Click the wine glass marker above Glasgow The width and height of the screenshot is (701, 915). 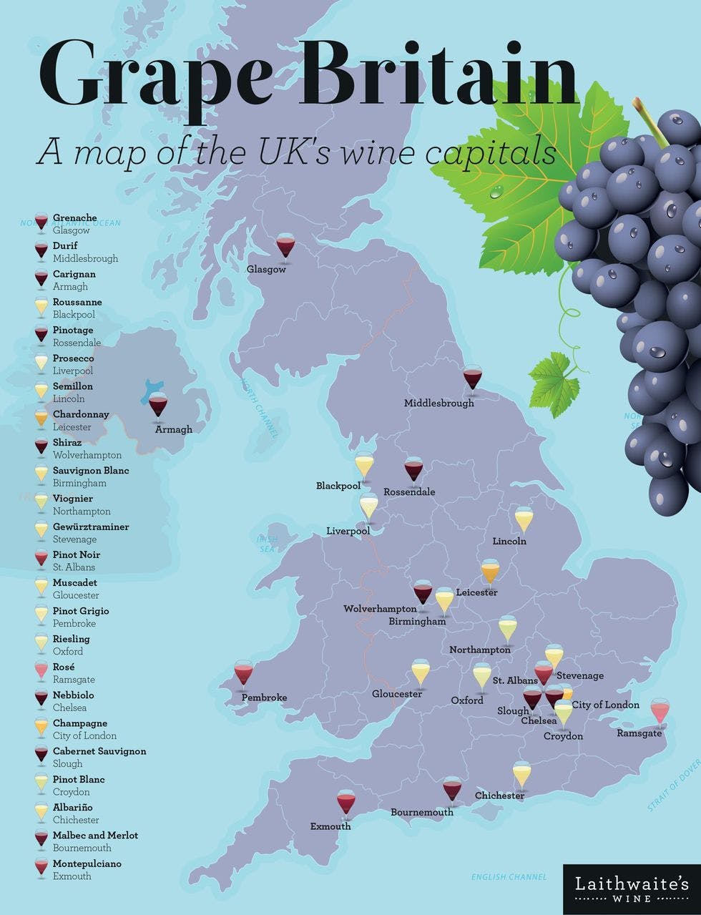[x=285, y=246]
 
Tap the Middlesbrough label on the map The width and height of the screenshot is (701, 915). [x=438, y=403]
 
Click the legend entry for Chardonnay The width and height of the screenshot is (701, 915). [x=81, y=414]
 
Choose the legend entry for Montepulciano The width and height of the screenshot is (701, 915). [x=87, y=863]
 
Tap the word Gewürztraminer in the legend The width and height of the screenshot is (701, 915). [x=91, y=527]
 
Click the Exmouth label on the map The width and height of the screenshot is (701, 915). [x=330, y=826]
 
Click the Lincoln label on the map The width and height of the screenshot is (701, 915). [x=509, y=542]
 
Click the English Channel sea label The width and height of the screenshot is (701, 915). [x=509, y=877]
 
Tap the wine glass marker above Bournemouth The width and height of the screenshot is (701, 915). [x=452, y=789]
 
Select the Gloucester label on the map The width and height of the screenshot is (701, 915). [x=397, y=694]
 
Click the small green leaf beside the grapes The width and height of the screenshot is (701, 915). [x=554, y=377]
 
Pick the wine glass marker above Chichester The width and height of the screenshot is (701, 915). [x=521, y=774]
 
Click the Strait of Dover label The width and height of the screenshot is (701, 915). [x=675, y=785]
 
